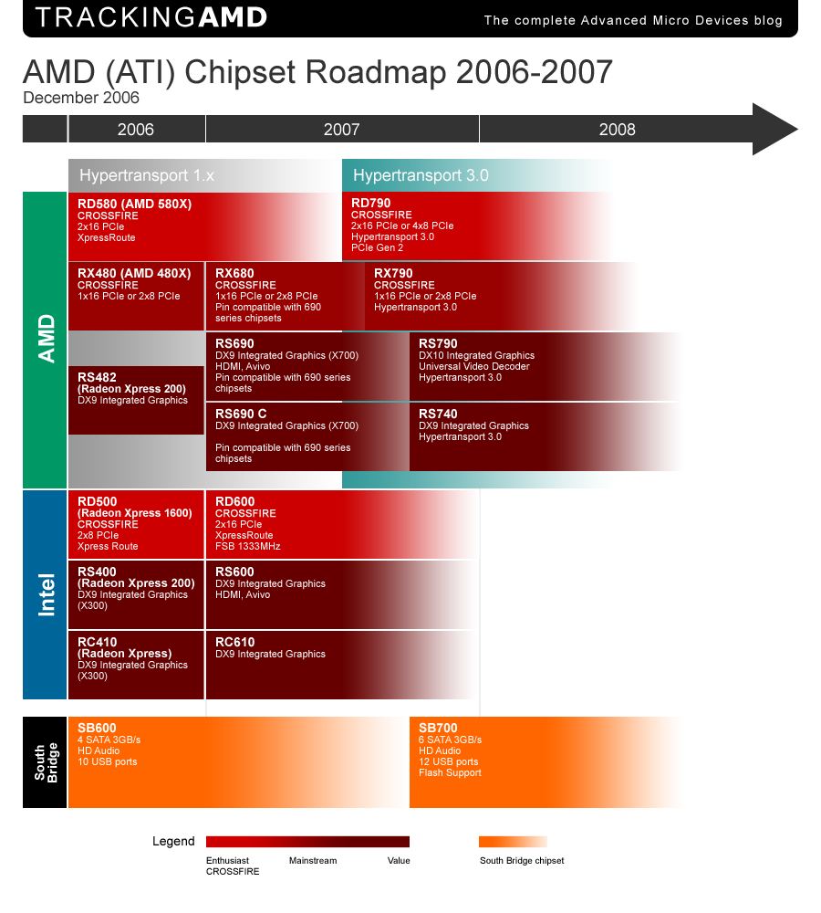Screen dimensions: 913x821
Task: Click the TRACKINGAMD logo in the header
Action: tap(151, 17)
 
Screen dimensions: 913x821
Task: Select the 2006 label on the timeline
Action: tap(136, 129)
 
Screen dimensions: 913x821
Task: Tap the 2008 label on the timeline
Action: tap(617, 129)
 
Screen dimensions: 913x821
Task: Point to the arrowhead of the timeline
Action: tap(774, 129)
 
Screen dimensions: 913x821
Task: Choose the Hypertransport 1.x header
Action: tap(147, 175)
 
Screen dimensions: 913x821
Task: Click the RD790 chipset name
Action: tap(371, 204)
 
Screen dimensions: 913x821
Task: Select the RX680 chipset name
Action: tap(234, 273)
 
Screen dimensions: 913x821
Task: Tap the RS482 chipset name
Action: tap(98, 377)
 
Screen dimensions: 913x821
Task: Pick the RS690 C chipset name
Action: tap(241, 414)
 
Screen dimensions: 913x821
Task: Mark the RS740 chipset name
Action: tap(438, 414)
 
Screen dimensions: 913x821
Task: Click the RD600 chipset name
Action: tap(235, 501)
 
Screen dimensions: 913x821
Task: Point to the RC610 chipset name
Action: tap(234, 642)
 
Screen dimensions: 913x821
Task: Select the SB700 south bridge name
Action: tap(438, 728)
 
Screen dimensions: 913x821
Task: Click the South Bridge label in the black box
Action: tap(46, 762)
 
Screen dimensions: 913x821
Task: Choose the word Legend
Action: tap(173, 842)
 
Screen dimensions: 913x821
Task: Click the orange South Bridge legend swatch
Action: tap(513, 842)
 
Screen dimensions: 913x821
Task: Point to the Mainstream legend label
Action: tap(313, 861)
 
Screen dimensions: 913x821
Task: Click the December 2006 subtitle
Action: tap(81, 98)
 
